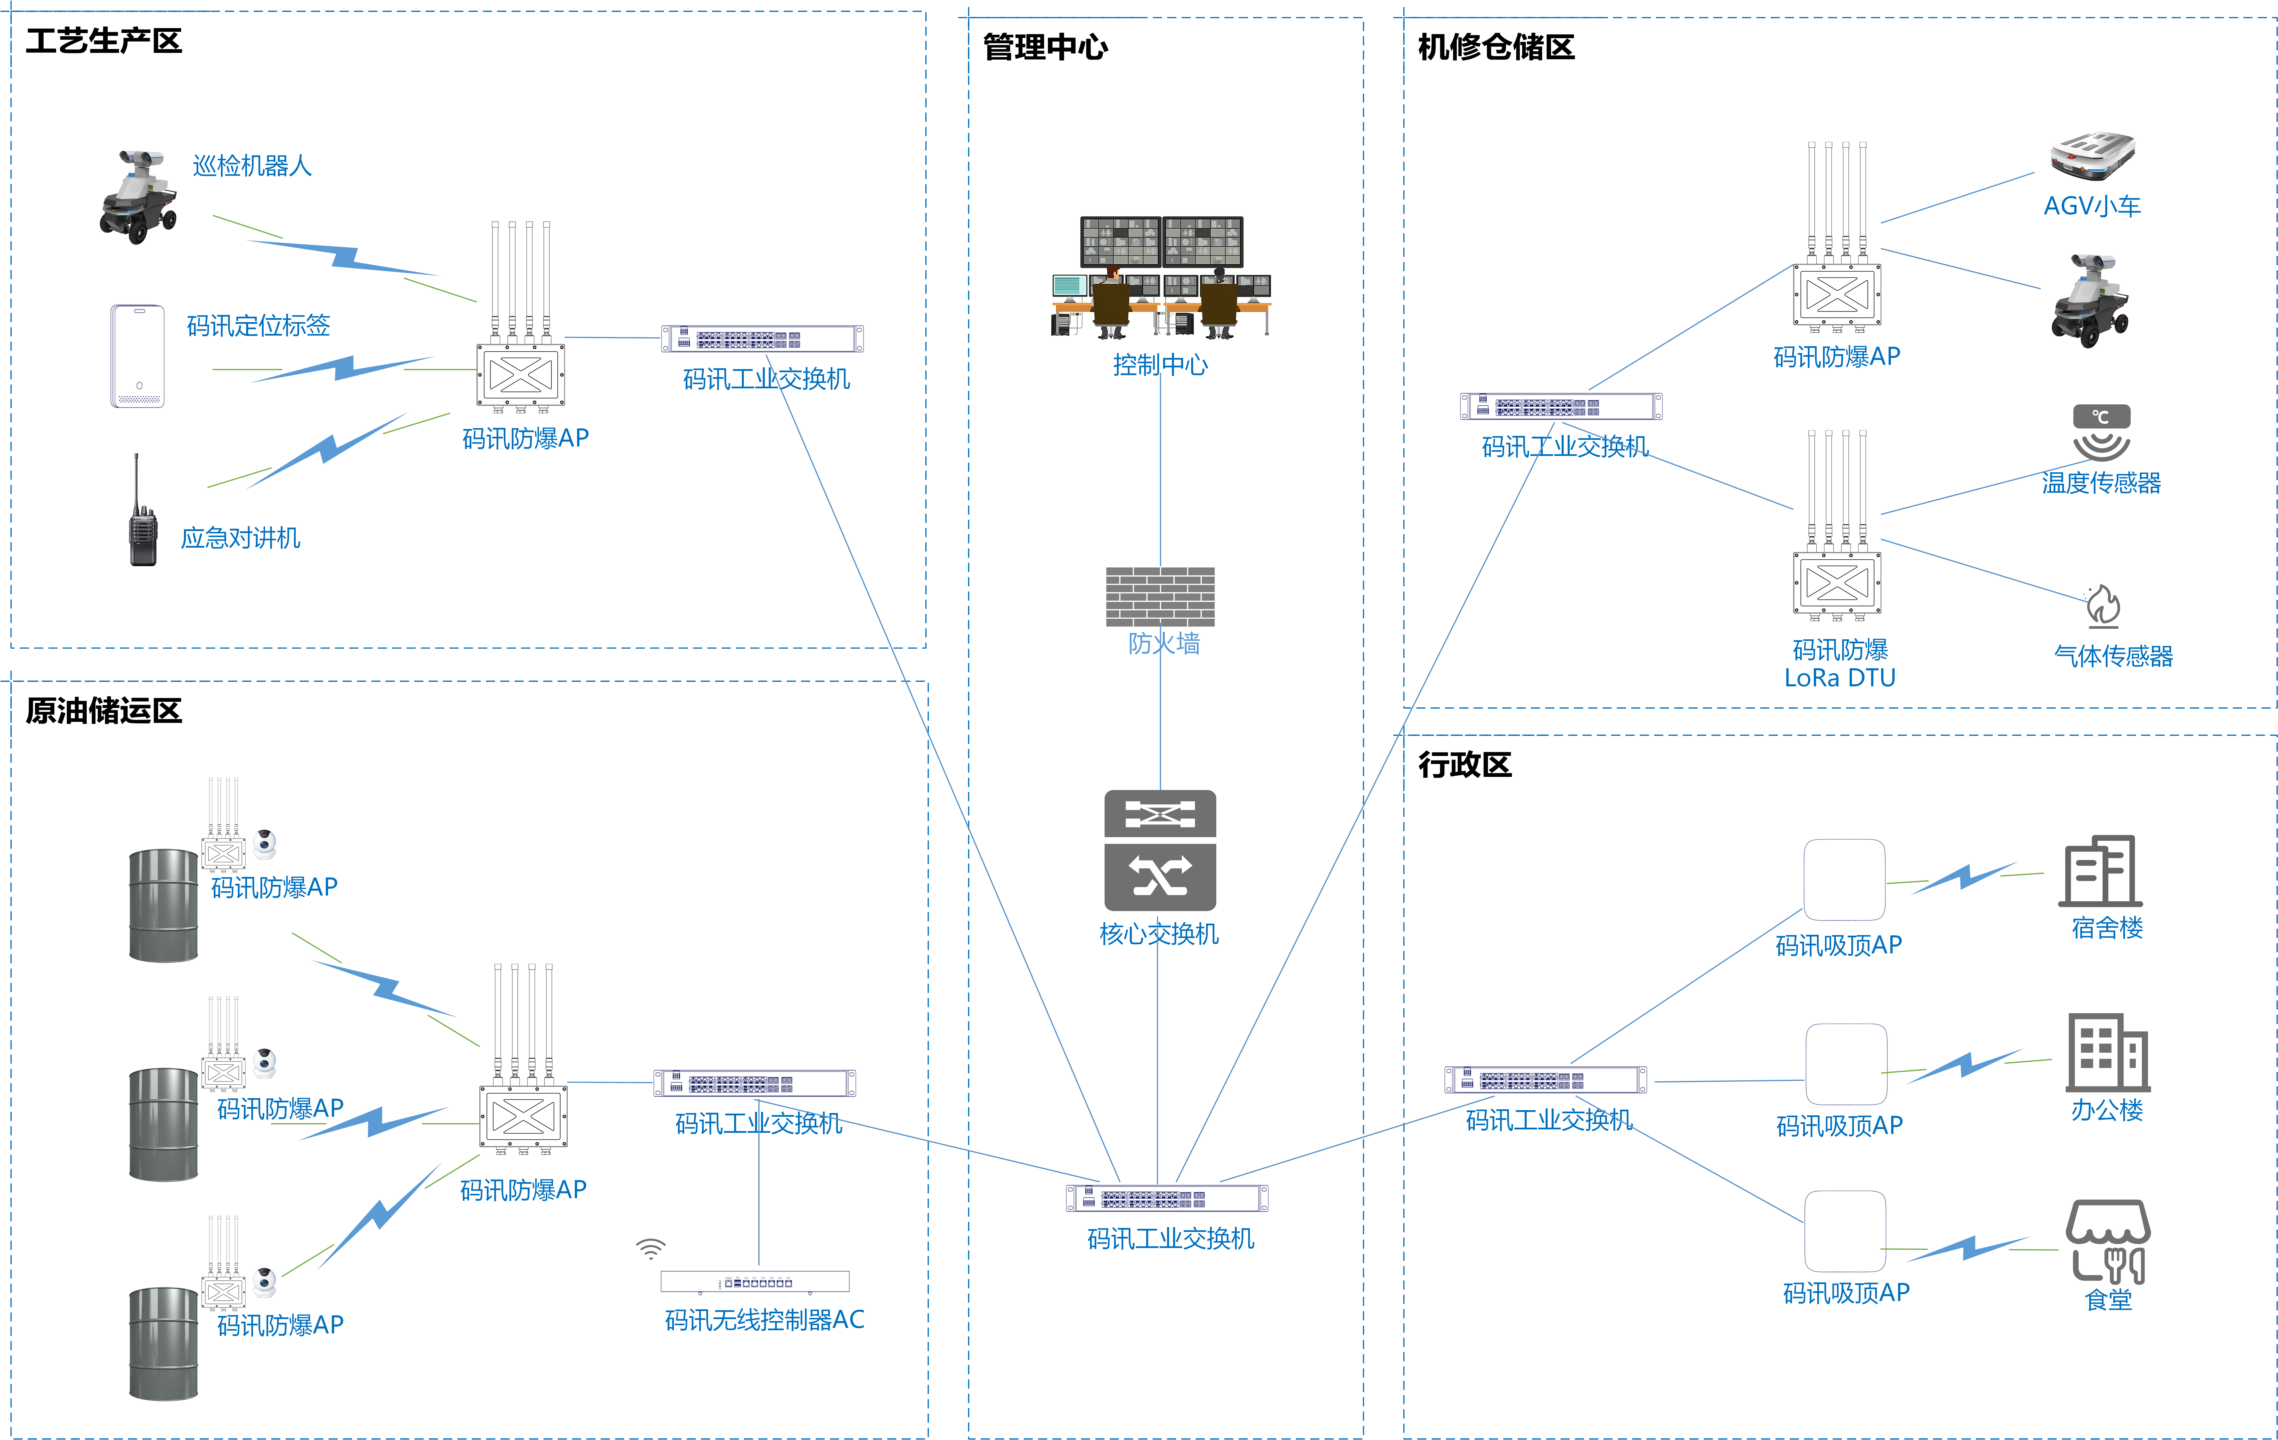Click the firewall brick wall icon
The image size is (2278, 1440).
(1160, 596)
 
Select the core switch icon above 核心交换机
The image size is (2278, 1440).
(1160, 850)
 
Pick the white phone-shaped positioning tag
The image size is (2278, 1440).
(138, 356)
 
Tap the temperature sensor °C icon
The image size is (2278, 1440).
(2101, 432)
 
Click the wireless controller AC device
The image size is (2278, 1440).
(755, 1282)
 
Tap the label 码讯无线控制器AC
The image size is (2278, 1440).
(764, 1320)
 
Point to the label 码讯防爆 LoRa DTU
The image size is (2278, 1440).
(1840, 663)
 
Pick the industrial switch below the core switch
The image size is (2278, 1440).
(1167, 1199)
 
